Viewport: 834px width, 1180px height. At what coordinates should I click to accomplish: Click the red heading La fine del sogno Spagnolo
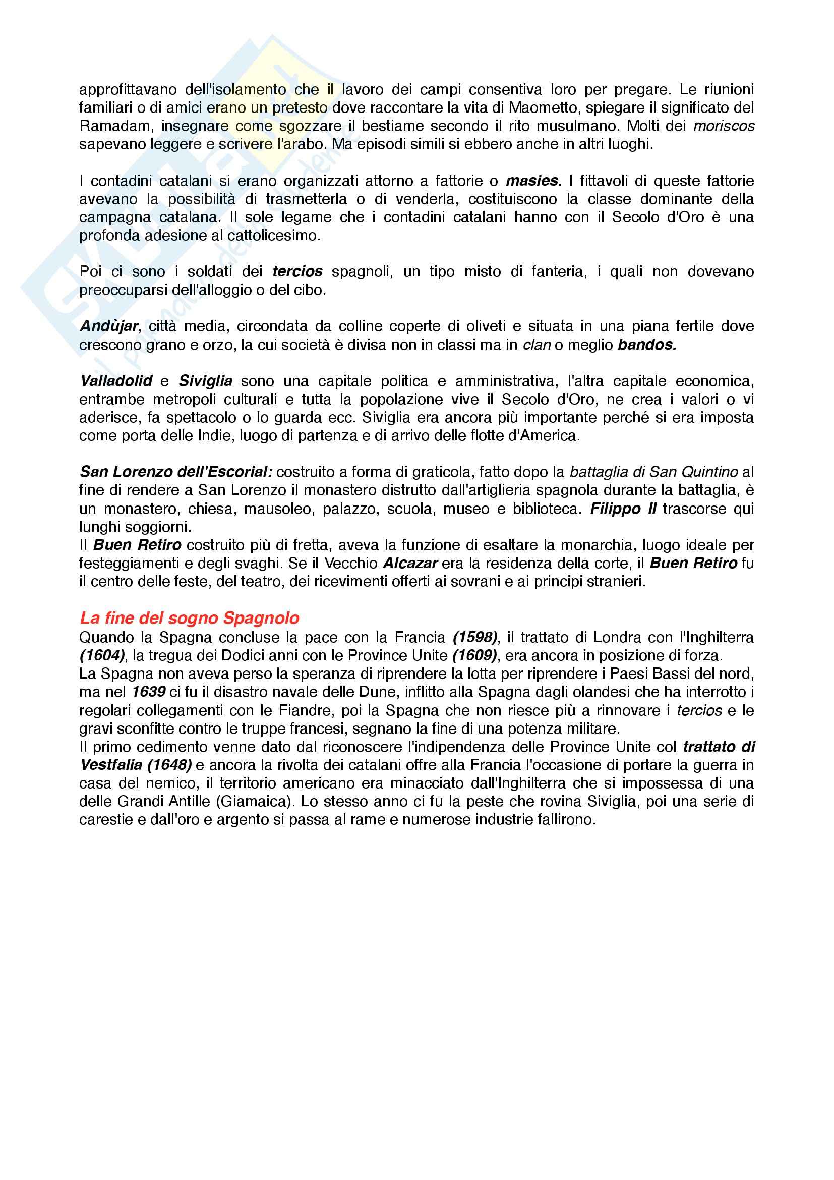click(x=190, y=618)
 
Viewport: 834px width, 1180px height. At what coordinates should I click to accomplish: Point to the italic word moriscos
click(x=724, y=127)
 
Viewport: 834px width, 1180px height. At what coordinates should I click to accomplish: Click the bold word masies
click(x=531, y=181)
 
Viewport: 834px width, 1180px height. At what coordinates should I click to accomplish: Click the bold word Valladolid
click(x=116, y=381)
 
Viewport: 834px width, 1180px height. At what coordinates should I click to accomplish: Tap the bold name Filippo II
click(x=623, y=509)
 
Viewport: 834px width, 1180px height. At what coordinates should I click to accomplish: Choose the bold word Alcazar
click(x=410, y=564)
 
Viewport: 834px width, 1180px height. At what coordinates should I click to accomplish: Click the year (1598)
click(x=475, y=637)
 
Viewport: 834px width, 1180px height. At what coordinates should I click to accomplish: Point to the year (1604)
click(x=102, y=656)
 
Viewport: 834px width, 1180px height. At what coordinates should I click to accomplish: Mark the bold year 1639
click(x=148, y=692)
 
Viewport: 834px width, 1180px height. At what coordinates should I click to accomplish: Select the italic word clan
click(x=536, y=345)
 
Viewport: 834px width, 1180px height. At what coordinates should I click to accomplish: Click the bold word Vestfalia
click(x=111, y=765)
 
